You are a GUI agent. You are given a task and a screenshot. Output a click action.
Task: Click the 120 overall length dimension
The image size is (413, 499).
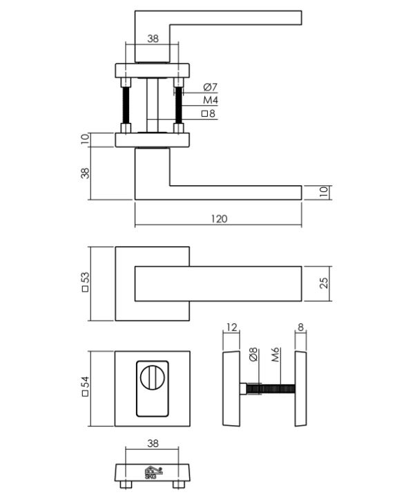(218, 218)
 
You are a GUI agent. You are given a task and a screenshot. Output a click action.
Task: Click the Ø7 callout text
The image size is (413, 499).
(210, 87)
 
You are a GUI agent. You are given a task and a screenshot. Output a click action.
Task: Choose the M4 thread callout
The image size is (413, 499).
(210, 100)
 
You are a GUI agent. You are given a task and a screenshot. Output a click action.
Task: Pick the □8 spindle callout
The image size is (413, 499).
(208, 113)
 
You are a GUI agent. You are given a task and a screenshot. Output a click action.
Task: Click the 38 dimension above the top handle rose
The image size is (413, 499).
(153, 39)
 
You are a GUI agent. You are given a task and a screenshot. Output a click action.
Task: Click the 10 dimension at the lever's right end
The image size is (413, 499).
(323, 192)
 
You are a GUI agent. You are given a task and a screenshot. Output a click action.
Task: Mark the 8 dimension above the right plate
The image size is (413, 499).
(300, 327)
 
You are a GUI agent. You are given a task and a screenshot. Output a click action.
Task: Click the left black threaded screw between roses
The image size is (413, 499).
(126, 105)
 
